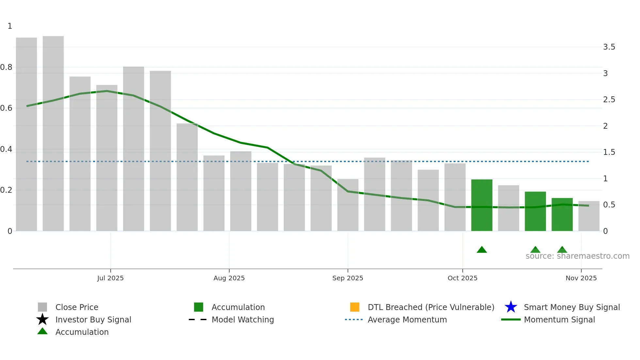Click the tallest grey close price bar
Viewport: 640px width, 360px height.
tap(53, 134)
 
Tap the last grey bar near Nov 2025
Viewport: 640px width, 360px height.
tap(589, 216)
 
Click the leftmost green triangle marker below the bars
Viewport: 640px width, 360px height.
tap(482, 250)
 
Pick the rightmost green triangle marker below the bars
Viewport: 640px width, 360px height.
tap(562, 250)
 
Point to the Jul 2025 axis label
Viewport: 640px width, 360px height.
tap(110, 278)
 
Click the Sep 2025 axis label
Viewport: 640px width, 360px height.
tap(347, 278)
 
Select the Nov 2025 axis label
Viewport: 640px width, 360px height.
tap(581, 278)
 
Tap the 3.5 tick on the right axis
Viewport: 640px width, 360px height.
tap(609, 47)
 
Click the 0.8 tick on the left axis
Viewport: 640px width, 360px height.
tap(6, 67)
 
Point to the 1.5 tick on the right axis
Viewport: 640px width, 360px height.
tap(609, 152)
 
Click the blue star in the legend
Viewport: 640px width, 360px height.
tap(511, 307)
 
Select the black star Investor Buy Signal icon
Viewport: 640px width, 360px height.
tap(42, 319)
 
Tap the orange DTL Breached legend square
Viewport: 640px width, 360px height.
tap(355, 307)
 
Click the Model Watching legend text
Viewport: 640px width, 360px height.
tap(243, 319)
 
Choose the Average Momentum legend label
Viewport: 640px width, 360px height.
tap(407, 319)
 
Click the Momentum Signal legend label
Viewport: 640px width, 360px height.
tap(559, 319)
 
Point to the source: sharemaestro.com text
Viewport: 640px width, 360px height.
tap(577, 256)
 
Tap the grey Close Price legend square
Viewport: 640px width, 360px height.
tap(42, 307)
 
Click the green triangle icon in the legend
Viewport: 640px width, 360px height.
tap(42, 331)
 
